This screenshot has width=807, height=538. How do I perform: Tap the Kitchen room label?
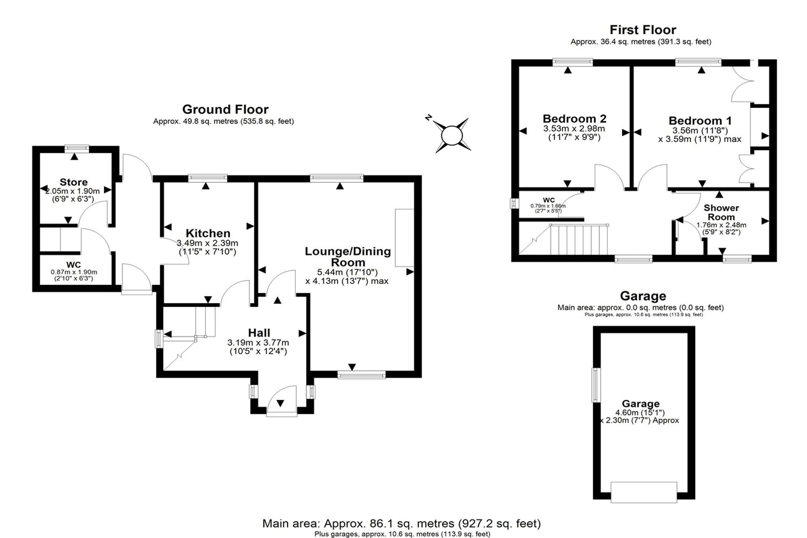[208, 233]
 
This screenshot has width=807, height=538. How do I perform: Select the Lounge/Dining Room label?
[348, 257]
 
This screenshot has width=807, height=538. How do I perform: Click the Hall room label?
[259, 333]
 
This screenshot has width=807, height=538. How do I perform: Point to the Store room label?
[73, 182]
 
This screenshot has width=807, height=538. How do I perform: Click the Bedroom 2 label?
[575, 119]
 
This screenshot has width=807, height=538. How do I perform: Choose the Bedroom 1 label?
[700, 121]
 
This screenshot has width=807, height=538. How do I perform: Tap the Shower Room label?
[721, 212]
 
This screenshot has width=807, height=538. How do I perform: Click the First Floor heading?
[643, 29]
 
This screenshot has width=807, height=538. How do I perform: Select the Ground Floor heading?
[225, 109]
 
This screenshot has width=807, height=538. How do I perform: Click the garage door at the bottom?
[644, 492]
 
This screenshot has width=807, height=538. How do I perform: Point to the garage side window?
[596, 385]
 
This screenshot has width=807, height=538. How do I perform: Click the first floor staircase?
[579, 240]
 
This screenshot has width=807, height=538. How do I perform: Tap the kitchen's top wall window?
[207, 178]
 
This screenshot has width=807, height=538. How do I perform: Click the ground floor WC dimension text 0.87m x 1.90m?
[74, 272]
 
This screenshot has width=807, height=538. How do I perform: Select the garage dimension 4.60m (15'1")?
[640, 412]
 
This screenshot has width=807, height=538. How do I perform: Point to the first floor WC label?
[549, 200]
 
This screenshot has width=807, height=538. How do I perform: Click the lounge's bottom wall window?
[362, 375]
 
